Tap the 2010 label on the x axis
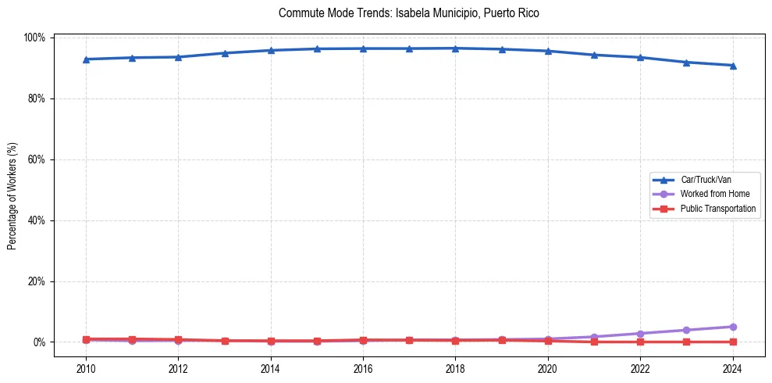tap(86, 369)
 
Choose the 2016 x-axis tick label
tap(363, 369)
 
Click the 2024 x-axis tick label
tap(732, 369)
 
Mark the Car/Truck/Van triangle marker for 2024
tap(732, 66)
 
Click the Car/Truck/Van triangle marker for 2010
tap(86, 59)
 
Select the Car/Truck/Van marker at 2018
tap(455, 48)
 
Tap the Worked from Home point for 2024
tap(732, 327)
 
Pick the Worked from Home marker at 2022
tap(640, 334)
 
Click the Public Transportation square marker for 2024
tap(732, 342)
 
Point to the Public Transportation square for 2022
tap(640, 342)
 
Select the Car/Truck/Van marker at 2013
tap(225, 53)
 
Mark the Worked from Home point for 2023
tap(686, 330)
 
